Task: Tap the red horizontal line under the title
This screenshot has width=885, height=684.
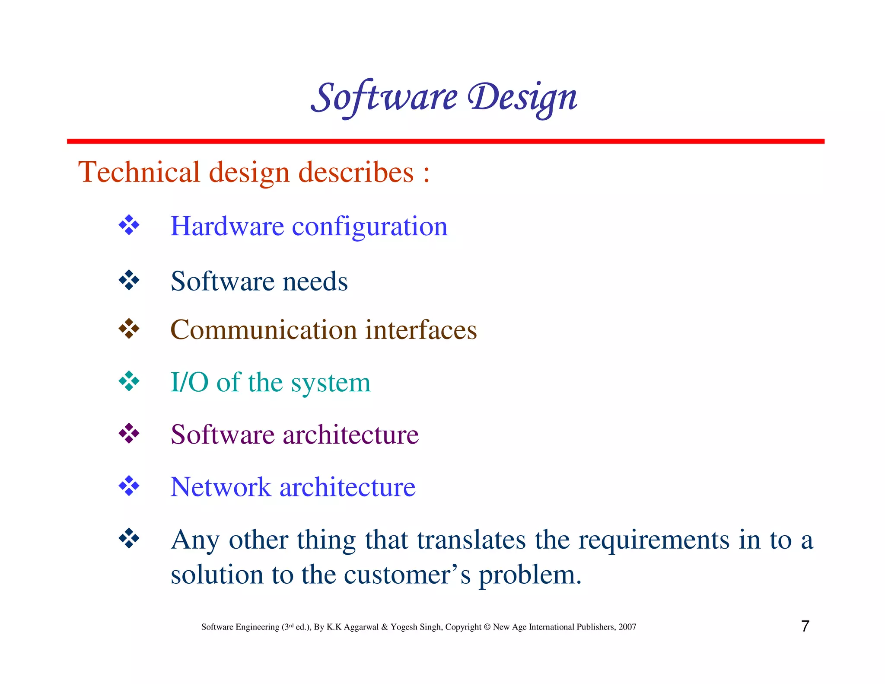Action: [445, 141]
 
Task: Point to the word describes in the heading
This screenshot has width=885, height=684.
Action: [356, 172]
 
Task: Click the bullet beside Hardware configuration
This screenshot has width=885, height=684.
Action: [129, 225]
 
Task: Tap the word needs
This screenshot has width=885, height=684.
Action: [315, 281]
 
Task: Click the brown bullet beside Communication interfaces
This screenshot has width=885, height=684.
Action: [129, 329]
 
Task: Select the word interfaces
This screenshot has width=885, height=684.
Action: [421, 330]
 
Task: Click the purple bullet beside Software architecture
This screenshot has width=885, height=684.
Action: [129, 434]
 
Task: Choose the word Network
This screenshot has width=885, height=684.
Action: [220, 487]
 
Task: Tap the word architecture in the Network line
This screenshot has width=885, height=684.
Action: [347, 487]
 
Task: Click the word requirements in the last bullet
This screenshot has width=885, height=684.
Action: [654, 540]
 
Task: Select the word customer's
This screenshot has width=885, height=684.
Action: [407, 575]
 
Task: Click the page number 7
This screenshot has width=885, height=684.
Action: [805, 626]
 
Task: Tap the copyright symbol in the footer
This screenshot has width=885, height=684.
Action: [487, 627]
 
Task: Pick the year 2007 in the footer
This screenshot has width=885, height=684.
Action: [627, 627]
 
